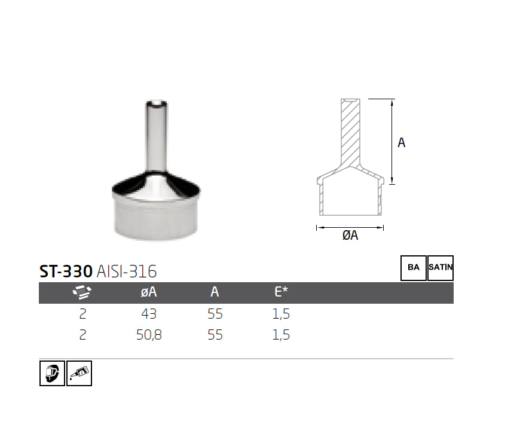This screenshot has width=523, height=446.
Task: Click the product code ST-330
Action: [x=65, y=271]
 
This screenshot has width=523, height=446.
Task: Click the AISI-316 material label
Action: [x=126, y=271]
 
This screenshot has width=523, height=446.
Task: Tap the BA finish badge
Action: [x=414, y=268]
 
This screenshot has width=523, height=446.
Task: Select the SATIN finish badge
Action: [x=441, y=268]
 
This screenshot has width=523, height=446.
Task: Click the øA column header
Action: [x=148, y=292]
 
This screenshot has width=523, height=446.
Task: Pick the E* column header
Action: [x=281, y=292]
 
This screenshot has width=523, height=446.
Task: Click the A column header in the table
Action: [x=215, y=292]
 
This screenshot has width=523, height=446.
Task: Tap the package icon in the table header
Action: [x=82, y=292]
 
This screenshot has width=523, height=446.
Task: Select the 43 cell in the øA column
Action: [x=148, y=314]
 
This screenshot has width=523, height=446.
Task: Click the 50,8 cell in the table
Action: [x=148, y=335]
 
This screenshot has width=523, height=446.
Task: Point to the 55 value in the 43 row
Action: [x=215, y=314]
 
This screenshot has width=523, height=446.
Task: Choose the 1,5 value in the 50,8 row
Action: [x=281, y=335]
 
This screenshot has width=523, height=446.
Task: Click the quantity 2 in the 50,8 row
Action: [x=82, y=335]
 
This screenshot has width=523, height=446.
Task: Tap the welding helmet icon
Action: [x=52, y=374]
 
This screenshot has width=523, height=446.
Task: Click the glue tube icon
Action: [x=79, y=374]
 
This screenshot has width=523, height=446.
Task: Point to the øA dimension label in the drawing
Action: [x=350, y=236]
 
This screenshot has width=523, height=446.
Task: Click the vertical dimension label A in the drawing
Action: [x=402, y=142]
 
